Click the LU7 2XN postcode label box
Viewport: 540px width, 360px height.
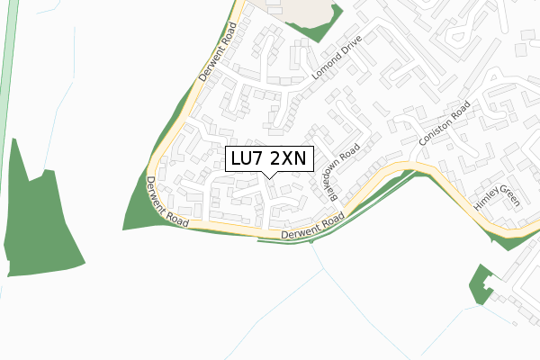click(268, 159)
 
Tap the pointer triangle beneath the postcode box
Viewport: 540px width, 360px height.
click(268, 175)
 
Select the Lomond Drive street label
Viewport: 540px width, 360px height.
click(337, 63)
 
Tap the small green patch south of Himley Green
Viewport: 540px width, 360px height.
click(481, 284)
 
